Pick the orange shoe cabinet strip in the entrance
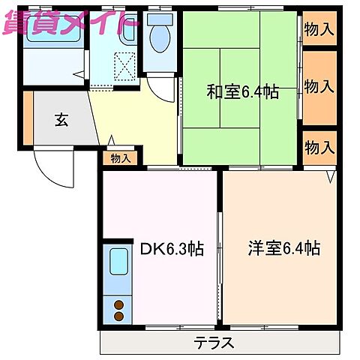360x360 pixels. click(28, 118)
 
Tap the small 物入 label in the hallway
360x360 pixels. click(120, 158)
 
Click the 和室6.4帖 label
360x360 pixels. click(242, 92)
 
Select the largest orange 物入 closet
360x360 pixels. click(319, 87)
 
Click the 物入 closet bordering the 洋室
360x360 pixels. click(319, 147)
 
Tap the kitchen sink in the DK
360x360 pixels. click(118, 264)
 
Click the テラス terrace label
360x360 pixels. click(214, 343)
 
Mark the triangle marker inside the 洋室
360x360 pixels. click(330, 177)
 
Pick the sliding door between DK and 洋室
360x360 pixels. click(220, 247)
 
